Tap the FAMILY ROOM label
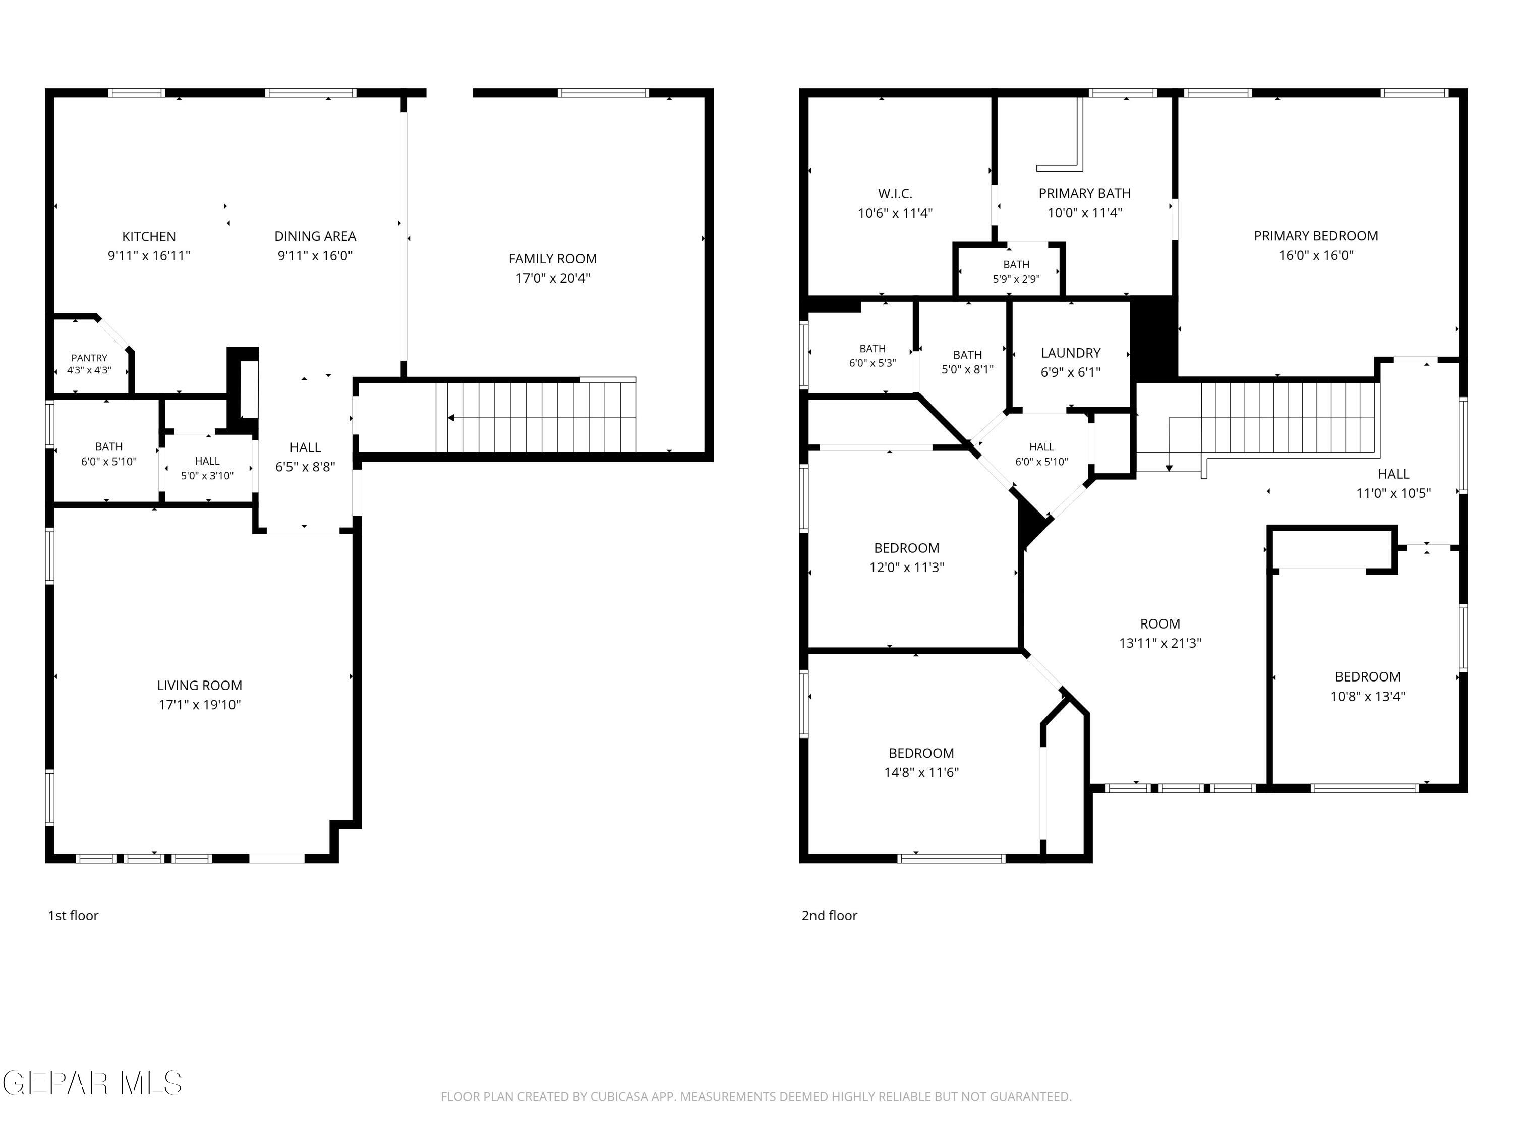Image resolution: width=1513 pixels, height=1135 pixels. point(553,259)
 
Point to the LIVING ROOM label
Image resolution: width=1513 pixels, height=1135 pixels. point(199,685)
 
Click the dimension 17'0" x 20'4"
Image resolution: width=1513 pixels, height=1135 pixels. point(553,278)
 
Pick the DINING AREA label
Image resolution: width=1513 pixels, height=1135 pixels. point(315,236)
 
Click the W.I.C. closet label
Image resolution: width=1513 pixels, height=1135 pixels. point(895,194)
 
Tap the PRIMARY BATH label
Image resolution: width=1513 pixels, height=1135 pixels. point(1084,194)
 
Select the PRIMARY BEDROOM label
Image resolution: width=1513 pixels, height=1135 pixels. point(1315,236)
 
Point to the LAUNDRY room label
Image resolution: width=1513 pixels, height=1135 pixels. point(1071,353)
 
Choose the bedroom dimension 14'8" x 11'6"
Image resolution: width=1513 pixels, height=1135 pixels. point(921,772)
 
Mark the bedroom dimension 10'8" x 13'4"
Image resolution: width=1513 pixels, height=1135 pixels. point(1367,697)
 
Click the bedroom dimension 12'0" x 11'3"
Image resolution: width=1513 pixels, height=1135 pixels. point(906,567)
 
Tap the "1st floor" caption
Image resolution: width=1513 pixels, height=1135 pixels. point(73,916)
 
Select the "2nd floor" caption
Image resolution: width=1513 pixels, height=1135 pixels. point(829,916)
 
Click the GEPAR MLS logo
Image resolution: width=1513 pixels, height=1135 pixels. point(92,1083)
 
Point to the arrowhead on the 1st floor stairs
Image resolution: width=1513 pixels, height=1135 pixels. point(451,418)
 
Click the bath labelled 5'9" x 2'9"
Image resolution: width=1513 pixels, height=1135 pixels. point(1016,271)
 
